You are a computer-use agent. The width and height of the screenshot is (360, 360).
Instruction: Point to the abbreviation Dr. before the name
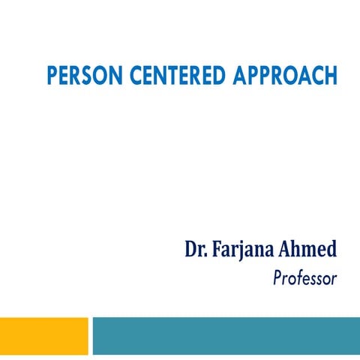tap(196, 250)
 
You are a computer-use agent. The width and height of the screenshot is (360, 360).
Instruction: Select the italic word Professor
tap(305, 279)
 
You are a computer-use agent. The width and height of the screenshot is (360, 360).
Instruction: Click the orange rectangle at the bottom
tap(43, 335)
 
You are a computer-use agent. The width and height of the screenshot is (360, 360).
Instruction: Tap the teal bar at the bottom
tap(226, 335)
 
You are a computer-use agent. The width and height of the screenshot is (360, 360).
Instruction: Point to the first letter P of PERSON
tap(51, 76)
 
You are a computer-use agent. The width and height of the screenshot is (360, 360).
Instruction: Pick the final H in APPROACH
tap(331, 76)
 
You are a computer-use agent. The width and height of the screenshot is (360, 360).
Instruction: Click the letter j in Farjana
tap(241, 253)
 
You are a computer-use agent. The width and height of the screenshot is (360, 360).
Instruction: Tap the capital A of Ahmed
tap(286, 250)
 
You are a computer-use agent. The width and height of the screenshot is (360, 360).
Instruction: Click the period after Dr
tap(206, 256)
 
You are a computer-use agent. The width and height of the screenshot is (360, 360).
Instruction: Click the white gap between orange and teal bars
tap(90, 335)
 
